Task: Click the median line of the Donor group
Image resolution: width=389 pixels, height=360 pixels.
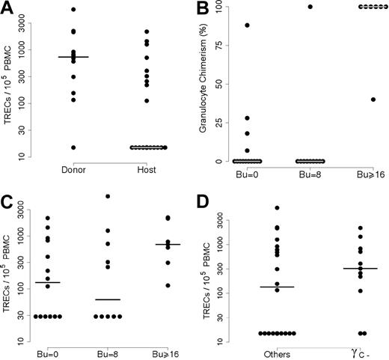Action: click(73, 57)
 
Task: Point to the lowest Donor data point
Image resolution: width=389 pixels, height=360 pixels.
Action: click(73, 147)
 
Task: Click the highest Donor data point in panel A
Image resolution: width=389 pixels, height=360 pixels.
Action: click(73, 9)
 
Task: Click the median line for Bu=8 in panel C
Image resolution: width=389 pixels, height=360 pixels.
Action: click(108, 299)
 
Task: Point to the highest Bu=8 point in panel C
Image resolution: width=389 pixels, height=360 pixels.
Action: click(108, 196)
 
